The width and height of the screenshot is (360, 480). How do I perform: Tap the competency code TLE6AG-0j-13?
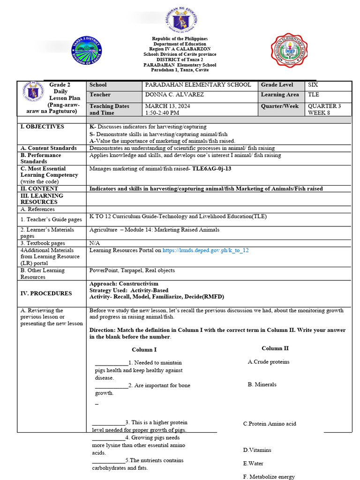pos(212,168)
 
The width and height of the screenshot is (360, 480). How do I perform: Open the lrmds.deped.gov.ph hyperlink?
pos(205,250)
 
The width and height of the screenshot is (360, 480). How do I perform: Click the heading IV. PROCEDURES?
pos(46,293)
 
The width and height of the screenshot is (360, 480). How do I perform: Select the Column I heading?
pos(144,350)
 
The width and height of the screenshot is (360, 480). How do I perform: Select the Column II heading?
pos(275,348)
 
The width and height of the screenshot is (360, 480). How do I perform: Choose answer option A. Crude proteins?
pos(269,362)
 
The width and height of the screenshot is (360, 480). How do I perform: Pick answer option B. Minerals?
pos(262,384)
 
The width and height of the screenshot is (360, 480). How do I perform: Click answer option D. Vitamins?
pos(257,450)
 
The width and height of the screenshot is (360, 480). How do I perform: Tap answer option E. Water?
pos(253,464)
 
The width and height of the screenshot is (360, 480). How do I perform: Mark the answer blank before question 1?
pos(111,363)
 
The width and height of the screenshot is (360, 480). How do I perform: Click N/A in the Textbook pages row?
pos(94,243)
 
